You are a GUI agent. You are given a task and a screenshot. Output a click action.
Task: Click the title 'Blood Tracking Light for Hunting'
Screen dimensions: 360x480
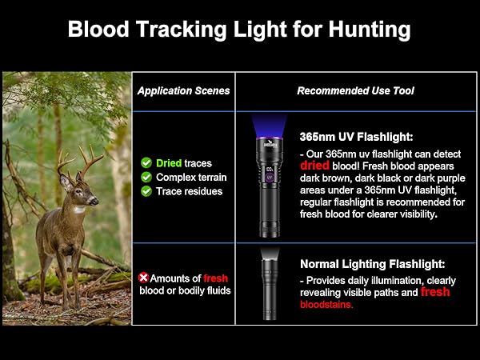click(x=239, y=30)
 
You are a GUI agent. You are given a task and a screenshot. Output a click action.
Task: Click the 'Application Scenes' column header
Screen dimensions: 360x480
click(x=183, y=90)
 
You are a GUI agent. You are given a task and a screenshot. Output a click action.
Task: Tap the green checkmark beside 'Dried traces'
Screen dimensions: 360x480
click(x=146, y=162)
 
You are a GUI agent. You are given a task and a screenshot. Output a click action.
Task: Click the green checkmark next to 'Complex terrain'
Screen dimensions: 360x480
click(x=146, y=177)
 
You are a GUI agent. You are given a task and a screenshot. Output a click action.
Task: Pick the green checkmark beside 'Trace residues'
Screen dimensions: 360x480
click(x=146, y=191)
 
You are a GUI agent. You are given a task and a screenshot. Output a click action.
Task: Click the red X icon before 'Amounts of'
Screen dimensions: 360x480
click(x=144, y=277)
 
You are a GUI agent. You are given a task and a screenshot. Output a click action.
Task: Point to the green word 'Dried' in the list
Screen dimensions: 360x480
click(x=169, y=162)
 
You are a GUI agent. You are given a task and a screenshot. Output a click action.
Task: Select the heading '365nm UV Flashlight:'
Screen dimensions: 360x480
click(x=356, y=136)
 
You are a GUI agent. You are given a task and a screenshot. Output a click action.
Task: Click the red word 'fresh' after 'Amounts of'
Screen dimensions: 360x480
click(x=215, y=278)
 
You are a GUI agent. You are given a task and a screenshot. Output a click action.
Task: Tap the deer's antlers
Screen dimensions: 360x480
click(x=79, y=163)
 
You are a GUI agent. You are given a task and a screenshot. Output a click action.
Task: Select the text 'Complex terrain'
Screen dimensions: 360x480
click(x=191, y=177)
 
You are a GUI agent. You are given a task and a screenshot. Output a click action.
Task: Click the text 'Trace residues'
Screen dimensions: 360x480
click(x=189, y=191)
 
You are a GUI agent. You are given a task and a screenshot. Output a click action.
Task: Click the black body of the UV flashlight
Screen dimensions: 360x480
click(x=269, y=200)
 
